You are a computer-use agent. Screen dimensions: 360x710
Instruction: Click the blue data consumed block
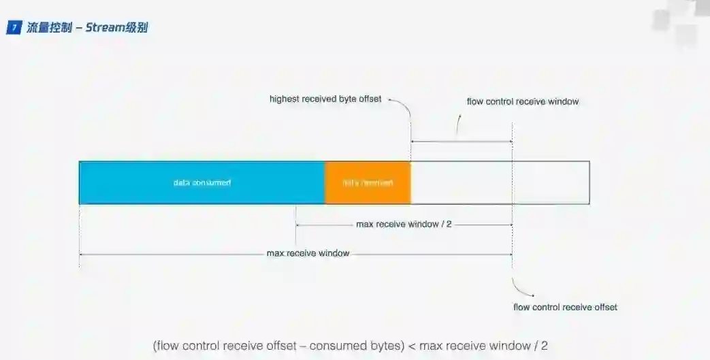tap(201, 182)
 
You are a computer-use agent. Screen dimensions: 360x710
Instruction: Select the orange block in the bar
tap(368, 182)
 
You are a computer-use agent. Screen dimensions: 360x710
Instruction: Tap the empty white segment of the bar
tap(500, 182)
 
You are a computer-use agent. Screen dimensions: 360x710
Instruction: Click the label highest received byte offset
tap(325, 99)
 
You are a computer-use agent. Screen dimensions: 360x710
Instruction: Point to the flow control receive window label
tap(522, 101)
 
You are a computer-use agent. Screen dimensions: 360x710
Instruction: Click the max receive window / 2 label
tap(404, 224)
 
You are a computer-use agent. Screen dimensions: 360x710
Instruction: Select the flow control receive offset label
tap(565, 307)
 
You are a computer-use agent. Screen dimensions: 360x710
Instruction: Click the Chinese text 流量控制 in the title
tap(49, 28)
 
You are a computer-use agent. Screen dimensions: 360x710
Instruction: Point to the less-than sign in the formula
tap(411, 346)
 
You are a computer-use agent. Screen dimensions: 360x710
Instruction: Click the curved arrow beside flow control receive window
tap(458, 124)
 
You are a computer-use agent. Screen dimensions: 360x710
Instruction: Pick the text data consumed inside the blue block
tap(201, 182)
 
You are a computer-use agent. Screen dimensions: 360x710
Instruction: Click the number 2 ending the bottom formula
tap(544, 346)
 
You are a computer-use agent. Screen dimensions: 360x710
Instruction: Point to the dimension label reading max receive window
tap(308, 253)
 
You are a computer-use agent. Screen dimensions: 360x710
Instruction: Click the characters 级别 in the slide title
tap(137, 28)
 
